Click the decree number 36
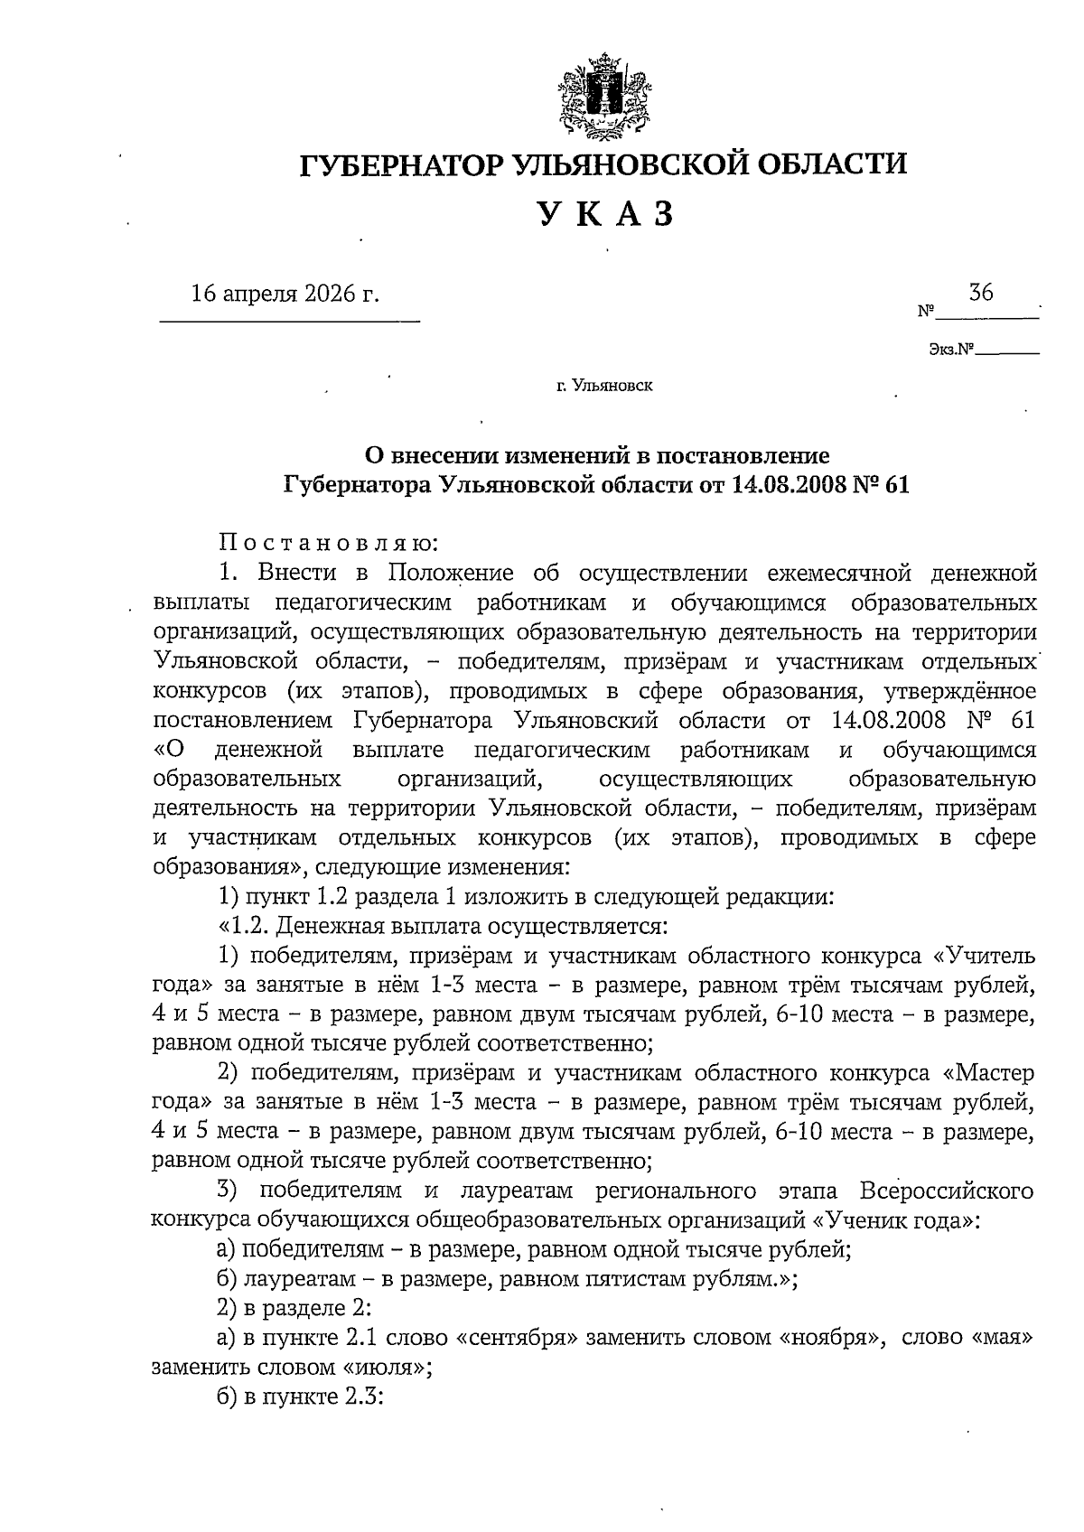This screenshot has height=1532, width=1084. pyautogui.click(x=981, y=292)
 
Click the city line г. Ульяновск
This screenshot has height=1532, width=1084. pyautogui.click(x=604, y=387)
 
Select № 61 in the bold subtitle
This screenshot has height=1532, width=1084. pyautogui.click(x=881, y=485)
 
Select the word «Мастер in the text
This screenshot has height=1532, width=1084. pyautogui.click(x=987, y=1073)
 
